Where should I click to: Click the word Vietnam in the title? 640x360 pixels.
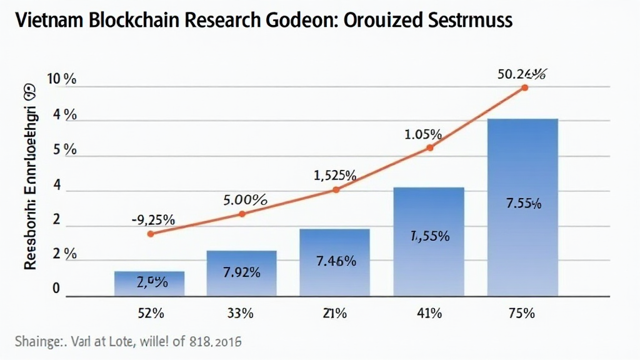42,20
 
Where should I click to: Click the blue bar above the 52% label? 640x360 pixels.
149,283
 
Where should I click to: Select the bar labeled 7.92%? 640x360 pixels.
241,273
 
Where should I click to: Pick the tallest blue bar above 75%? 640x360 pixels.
522,206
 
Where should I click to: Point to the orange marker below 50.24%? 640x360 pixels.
524,87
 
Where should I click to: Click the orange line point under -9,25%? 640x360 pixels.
150,234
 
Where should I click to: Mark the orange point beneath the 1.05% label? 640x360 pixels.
430,147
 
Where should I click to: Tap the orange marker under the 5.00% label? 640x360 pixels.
242,214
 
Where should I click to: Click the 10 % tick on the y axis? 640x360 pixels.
62,80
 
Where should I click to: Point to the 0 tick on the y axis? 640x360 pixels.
56,289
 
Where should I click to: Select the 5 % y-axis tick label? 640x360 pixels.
62,150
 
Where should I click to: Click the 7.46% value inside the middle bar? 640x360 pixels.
335,261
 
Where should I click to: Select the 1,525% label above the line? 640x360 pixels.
335,176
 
